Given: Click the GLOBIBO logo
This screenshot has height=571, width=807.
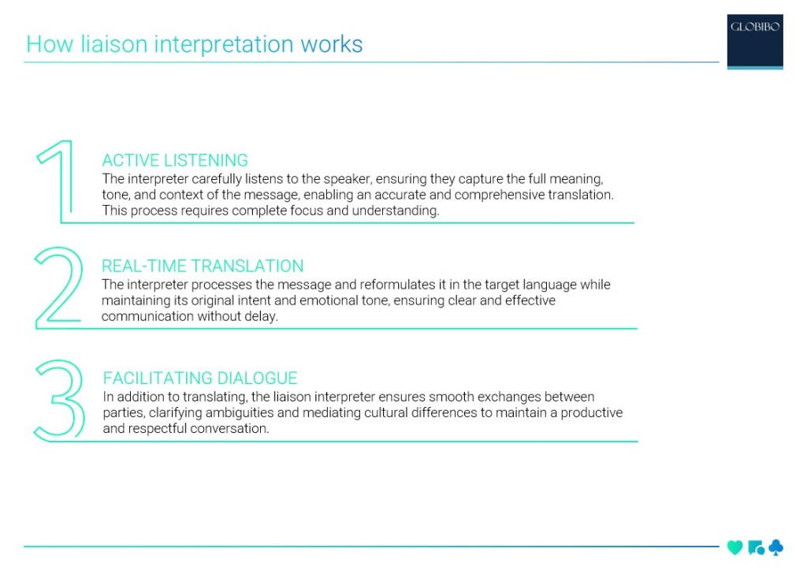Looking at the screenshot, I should point(755,41).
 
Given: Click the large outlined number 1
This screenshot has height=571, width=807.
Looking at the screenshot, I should point(59,181).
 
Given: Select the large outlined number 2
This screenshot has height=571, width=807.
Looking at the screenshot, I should point(60,287).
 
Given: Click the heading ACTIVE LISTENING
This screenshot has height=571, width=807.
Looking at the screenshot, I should point(175,161).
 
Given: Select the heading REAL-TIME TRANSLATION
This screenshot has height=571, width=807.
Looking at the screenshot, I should point(203,267).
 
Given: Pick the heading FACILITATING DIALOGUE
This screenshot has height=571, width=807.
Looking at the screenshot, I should point(200,379).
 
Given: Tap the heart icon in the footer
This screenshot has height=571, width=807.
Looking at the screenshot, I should point(734,547).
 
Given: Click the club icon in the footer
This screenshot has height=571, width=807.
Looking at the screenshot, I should point(775,547).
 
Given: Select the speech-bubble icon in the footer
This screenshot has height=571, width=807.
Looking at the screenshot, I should point(755,547).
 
